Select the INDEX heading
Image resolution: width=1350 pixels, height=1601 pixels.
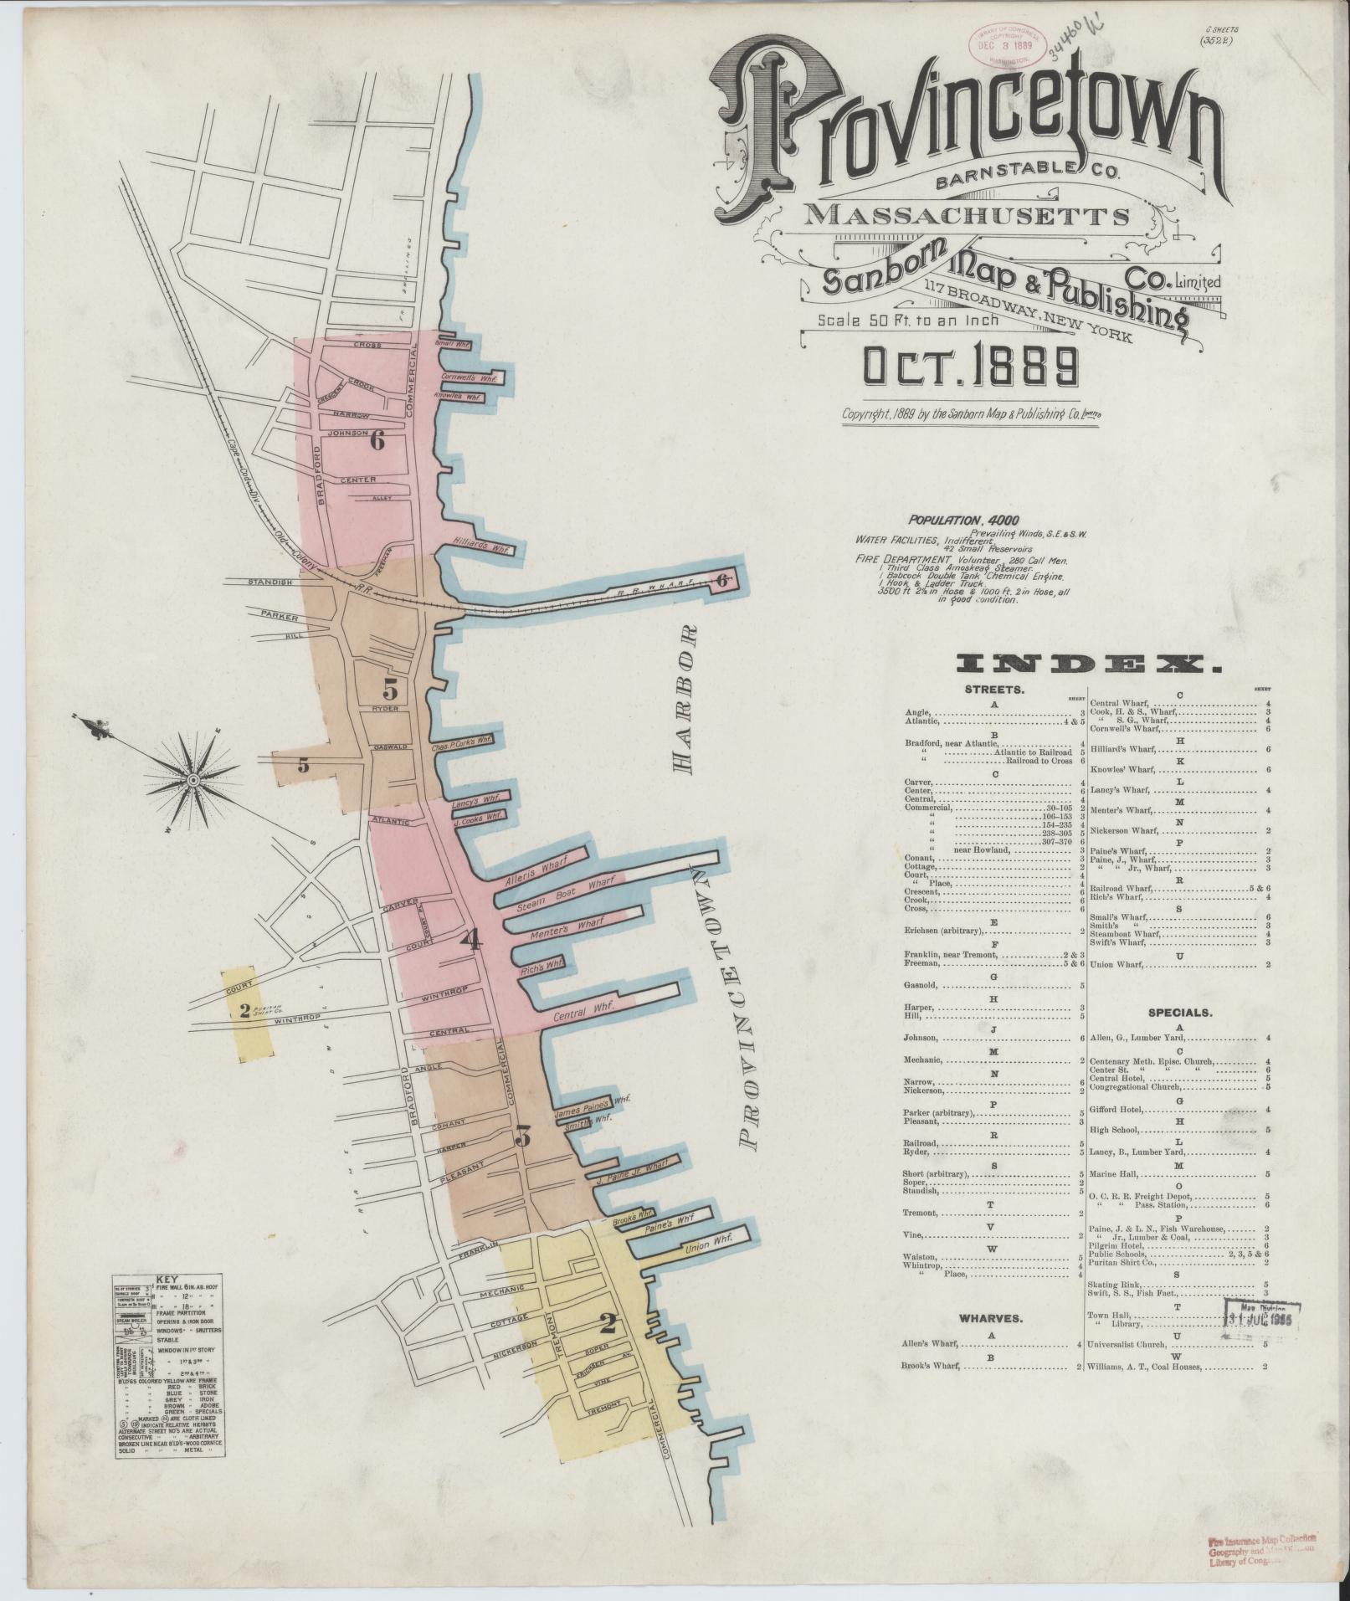point(1087,666)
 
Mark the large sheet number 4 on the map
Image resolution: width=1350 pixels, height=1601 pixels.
point(471,939)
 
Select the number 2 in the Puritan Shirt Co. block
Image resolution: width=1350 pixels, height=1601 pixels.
point(244,1010)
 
